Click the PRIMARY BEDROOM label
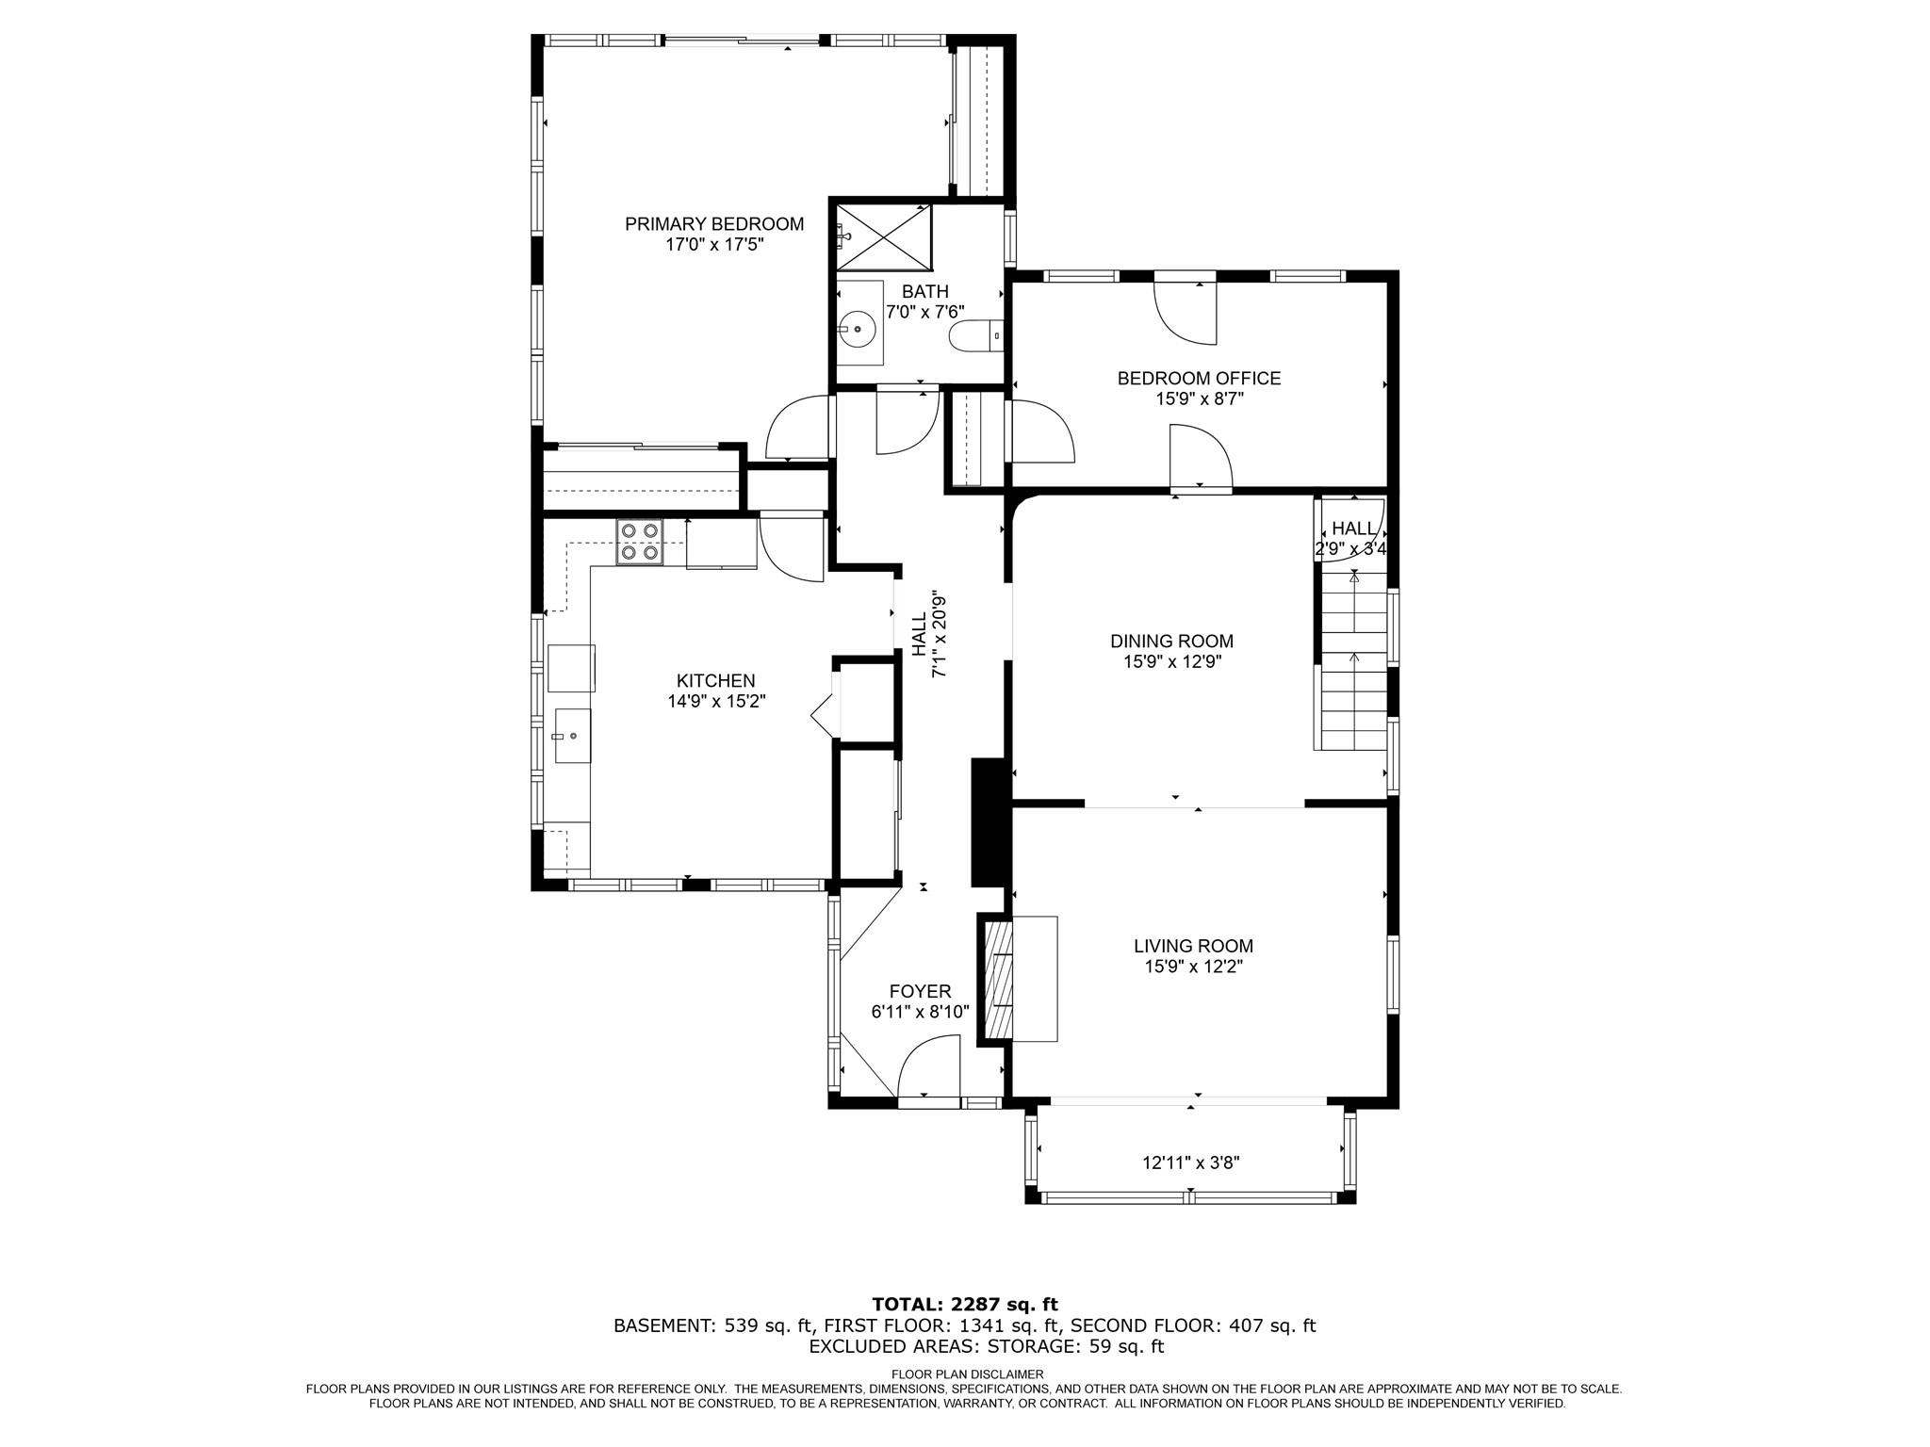tap(714, 224)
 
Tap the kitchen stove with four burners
tap(640, 543)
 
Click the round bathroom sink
tap(859, 329)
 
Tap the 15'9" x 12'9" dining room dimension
tap(1172, 661)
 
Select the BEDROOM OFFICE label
tap(1199, 379)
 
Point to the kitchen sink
tap(572, 736)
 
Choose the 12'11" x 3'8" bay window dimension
tap(1190, 1162)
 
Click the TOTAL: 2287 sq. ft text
tap(965, 1305)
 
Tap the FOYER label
tap(920, 992)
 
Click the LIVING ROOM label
tap(1193, 946)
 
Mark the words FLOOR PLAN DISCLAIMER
tap(967, 1374)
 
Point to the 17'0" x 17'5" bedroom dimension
tap(714, 245)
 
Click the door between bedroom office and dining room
tap(1201, 458)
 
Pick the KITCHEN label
tap(715, 681)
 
